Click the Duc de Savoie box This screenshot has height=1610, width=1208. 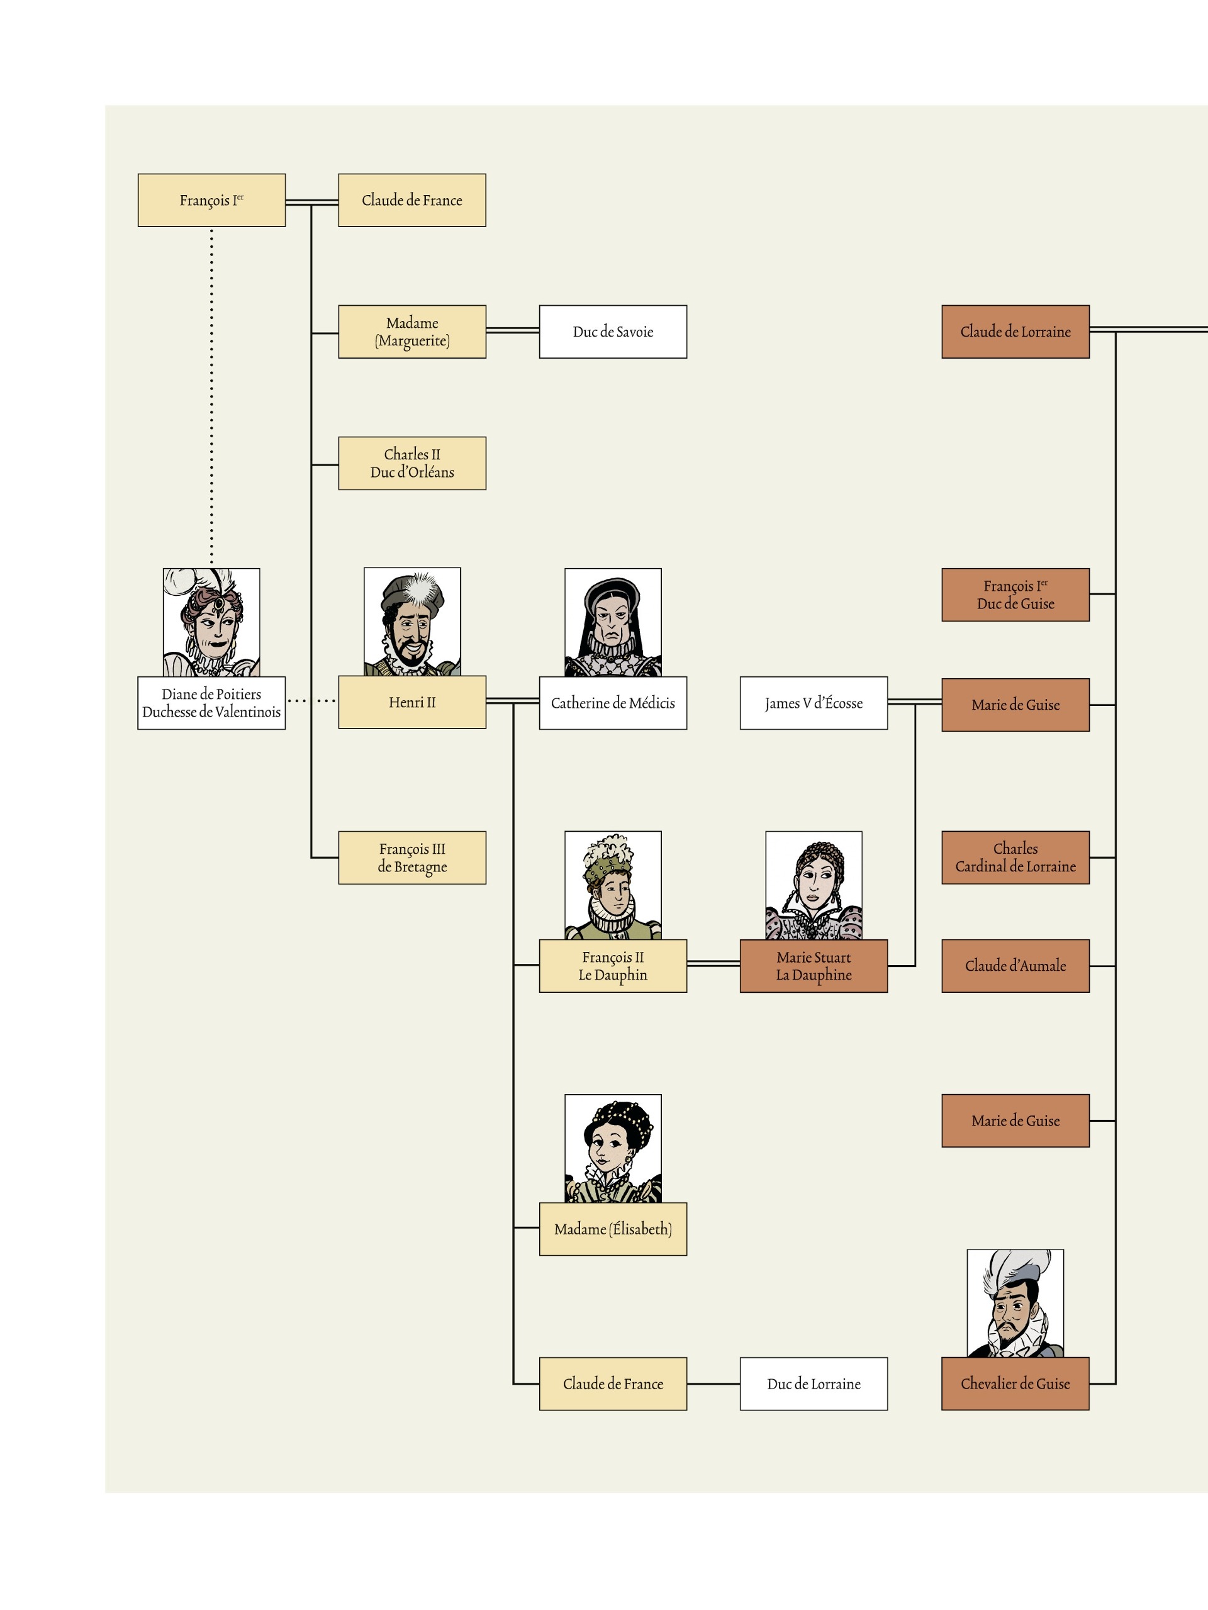pos(613,332)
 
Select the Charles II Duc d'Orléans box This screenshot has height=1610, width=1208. pos(412,463)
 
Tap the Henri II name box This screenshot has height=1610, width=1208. pos(412,702)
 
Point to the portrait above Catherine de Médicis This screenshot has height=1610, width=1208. pos(613,622)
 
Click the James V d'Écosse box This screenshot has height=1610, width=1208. pos(814,703)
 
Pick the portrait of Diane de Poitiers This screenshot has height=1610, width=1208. pos(211,622)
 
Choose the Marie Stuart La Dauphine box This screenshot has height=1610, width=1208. pos(814,966)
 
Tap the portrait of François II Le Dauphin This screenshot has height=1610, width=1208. pos(613,885)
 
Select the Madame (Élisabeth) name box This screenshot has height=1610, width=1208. pos(613,1229)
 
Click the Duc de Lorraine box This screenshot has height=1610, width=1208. pos(814,1384)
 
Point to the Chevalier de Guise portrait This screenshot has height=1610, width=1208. pos(1015,1304)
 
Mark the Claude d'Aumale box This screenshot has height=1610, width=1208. pos(1015,966)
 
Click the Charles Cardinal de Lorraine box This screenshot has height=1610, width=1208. pos(1015,858)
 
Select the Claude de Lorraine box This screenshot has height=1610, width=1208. pos(1015,332)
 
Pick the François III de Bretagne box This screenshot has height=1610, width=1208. pos(412,858)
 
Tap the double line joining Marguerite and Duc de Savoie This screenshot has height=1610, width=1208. pos(512,330)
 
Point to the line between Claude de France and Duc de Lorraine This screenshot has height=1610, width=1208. pos(713,1384)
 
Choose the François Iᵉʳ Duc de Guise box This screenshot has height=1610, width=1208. pos(1015,595)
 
